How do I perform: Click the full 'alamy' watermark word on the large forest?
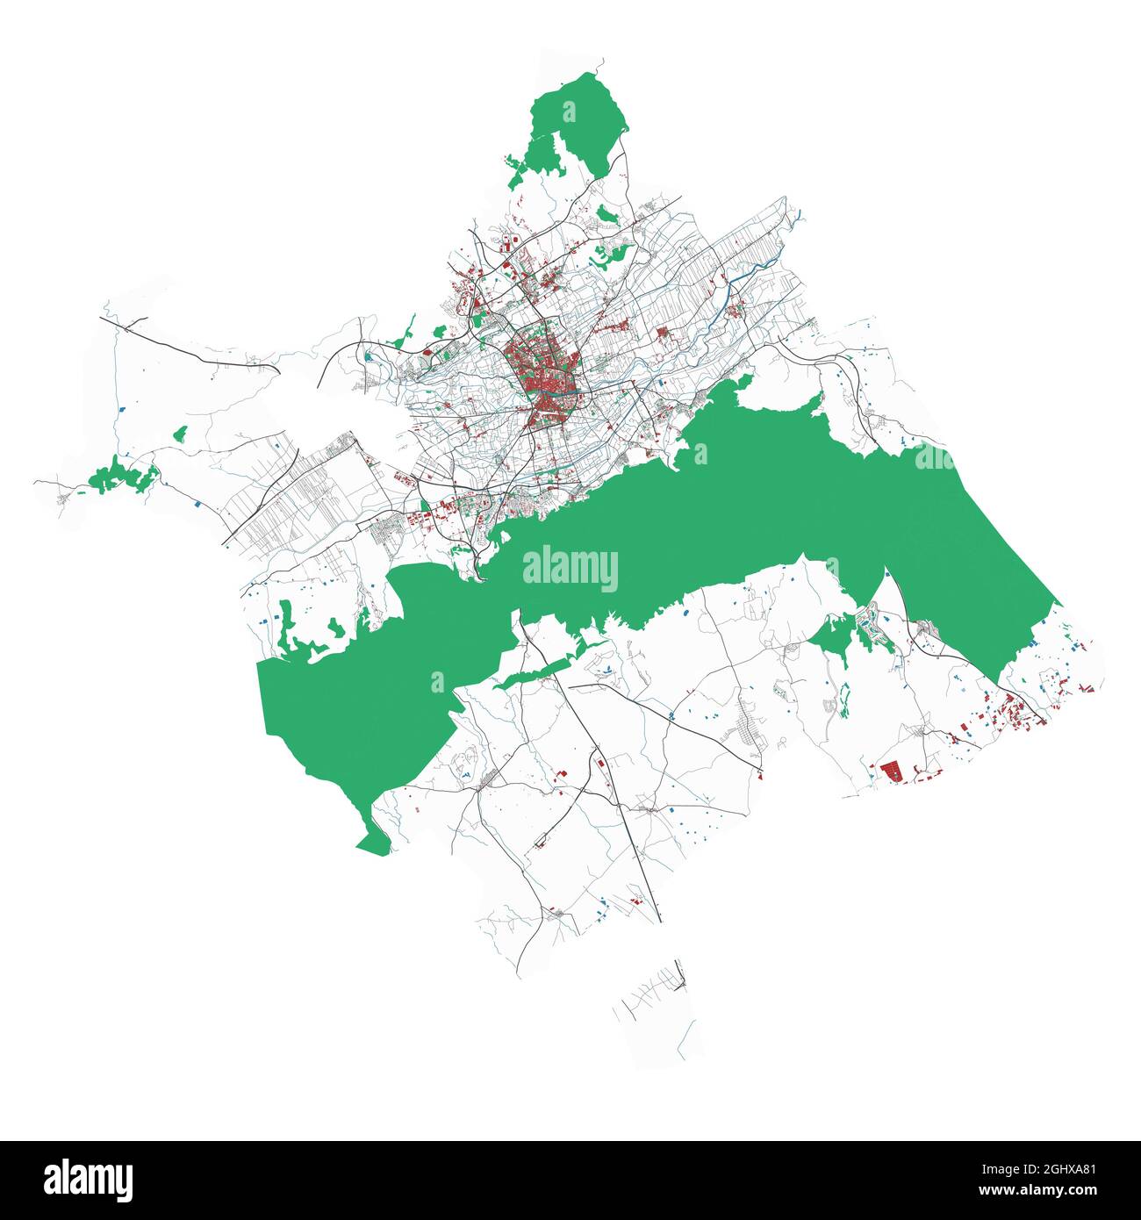[x=570, y=569]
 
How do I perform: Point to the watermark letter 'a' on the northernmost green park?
[x=569, y=112]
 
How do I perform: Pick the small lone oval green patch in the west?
[x=181, y=433]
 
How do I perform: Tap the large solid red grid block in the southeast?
[x=892, y=771]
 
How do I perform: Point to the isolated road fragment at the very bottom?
[x=654, y=996]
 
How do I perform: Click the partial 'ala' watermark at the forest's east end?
[x=934, y=456]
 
